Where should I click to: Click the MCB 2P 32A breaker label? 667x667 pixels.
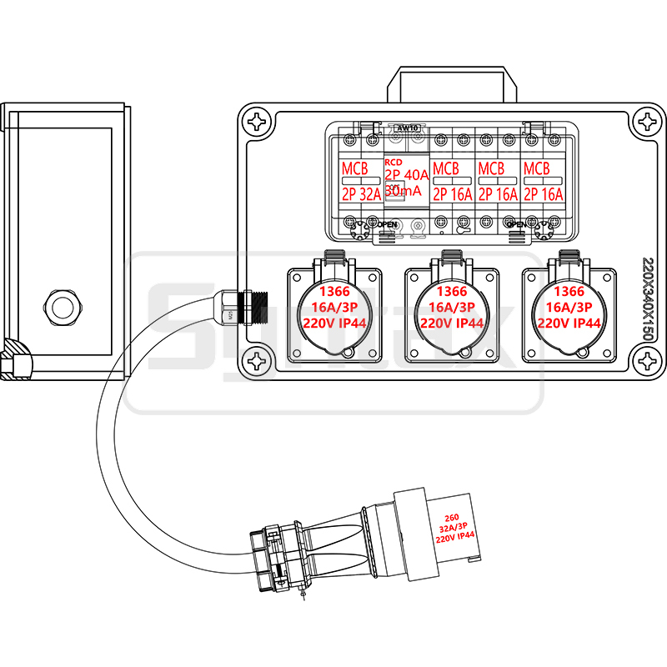coord(360,182)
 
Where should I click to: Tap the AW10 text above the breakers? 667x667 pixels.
coord(407,128)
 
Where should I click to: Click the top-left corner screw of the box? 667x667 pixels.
coord(258,122)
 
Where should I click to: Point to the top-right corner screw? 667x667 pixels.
coord(648,122)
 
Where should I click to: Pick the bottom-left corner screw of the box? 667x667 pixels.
coord(258,362)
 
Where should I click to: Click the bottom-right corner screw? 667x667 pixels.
coord(648,362)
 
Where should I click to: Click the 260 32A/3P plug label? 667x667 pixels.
coord(454,528)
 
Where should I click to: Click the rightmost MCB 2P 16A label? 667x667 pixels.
coord(543,182)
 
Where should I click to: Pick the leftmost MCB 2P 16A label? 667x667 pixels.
coord(451,182)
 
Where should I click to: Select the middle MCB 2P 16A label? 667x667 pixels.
coord(497,182)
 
